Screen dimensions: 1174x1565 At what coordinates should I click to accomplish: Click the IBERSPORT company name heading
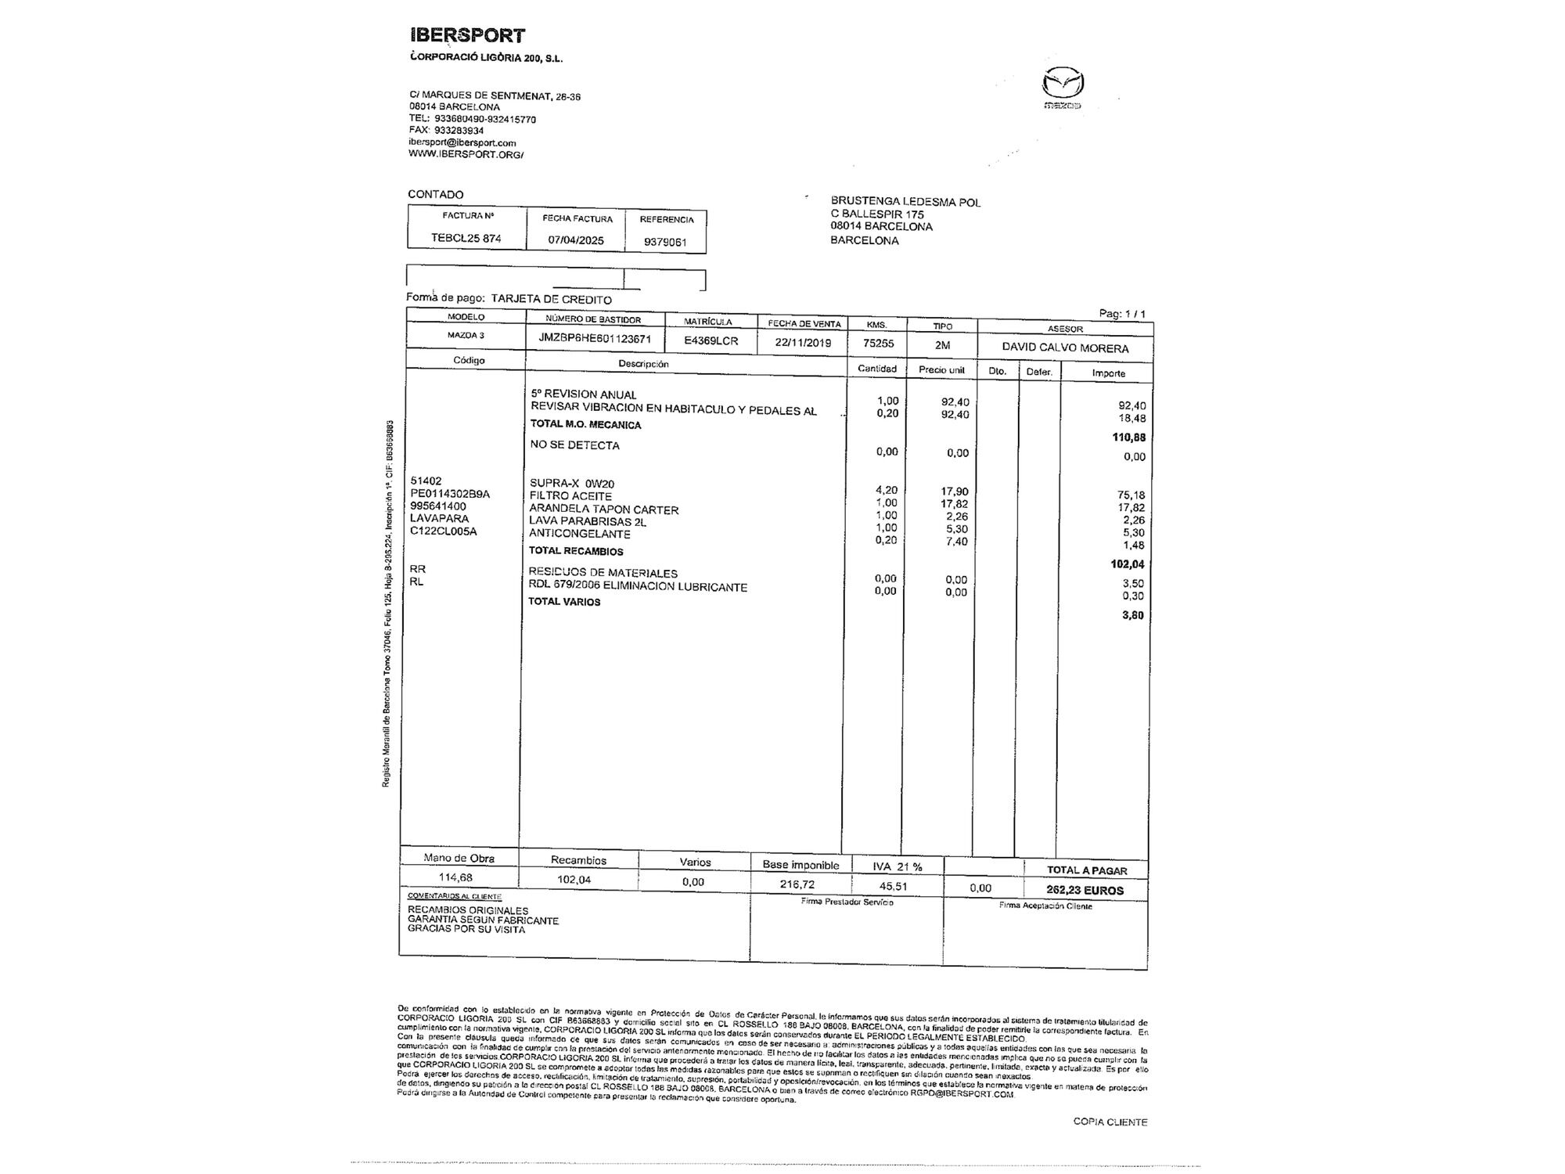(467, 35)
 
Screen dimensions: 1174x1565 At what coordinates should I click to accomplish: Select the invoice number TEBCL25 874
(466, 238)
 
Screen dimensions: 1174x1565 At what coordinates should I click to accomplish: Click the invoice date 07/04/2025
(576, 240)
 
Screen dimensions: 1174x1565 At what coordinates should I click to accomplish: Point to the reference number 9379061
(665, 242)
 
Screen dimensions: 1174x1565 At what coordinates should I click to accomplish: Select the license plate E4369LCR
(711, 341)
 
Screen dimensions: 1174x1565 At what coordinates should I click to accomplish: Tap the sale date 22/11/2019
(804, 343)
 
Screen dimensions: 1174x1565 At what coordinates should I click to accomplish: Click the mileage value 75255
(878, 343)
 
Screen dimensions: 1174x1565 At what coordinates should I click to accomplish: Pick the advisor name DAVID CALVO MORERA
(1065, 348)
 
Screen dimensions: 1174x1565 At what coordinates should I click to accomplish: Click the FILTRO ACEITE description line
(570, 496)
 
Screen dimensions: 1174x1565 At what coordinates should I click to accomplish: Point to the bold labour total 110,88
(1128, 438)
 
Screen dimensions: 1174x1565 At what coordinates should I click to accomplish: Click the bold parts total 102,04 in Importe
(1128, 564)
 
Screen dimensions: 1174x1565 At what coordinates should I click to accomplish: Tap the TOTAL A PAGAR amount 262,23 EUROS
(1085, 890)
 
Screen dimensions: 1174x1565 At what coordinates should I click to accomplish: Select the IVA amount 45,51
(894, 886)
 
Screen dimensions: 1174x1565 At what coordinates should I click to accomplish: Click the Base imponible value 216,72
(797, 884)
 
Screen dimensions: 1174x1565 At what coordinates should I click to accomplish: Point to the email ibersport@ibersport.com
(462, 142)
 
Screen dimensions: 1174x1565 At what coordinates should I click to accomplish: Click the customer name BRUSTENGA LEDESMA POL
(905, 202)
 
